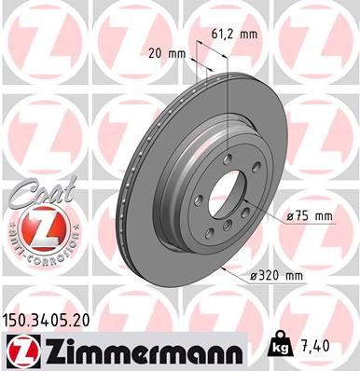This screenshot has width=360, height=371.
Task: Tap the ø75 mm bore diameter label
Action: pyautogui.click(x=309, y=216)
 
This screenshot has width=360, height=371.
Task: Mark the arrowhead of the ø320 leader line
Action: pyautogui.click(x=226, y=264)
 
